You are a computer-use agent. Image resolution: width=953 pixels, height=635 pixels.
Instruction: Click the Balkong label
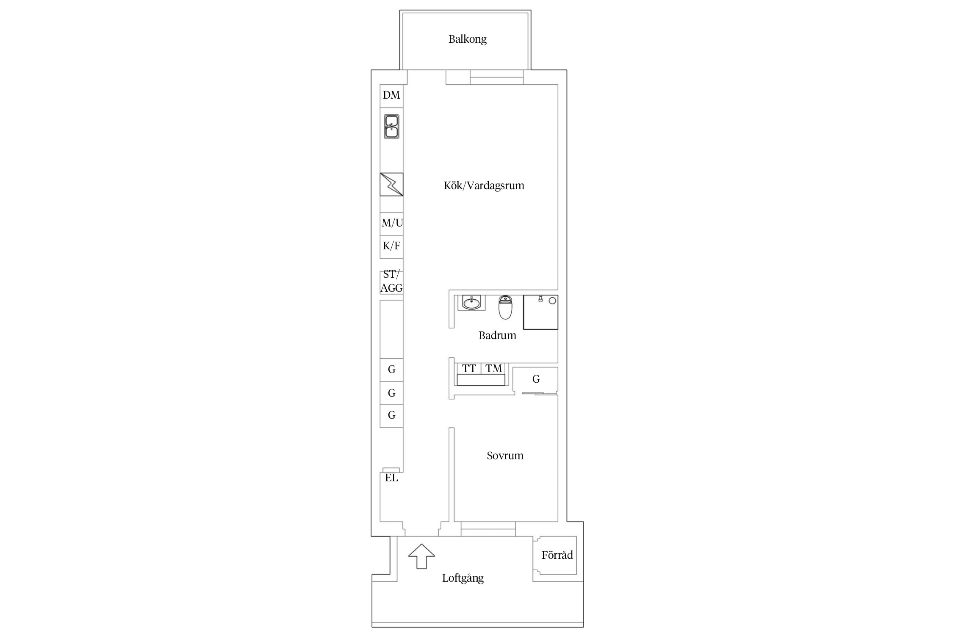[467, 39]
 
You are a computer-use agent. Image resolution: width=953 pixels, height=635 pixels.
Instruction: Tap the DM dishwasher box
[391, 96]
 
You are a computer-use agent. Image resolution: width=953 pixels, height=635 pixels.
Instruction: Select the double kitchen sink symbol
[391, 127]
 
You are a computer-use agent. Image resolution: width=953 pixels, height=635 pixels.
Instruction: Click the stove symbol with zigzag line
[391, 184]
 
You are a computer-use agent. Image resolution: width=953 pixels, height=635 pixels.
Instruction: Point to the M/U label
[392, 223]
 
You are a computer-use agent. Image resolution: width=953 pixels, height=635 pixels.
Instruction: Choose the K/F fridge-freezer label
[391, 246]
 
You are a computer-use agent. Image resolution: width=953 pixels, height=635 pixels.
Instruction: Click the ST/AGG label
[391, 281]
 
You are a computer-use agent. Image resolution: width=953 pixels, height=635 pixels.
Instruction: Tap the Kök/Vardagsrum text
[484, 185]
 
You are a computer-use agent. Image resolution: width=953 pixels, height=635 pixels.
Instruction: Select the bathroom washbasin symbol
[471, 302]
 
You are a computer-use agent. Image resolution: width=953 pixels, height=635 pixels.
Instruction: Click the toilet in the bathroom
[505, 307]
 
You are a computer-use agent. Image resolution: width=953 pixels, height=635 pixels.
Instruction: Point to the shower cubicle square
[540, 312]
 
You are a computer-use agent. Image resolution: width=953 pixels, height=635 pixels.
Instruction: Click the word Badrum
[497, 336]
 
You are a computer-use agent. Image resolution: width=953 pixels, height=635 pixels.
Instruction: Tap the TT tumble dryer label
[469, 369]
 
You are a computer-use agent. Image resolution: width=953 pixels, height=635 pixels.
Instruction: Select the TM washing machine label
[493, 369]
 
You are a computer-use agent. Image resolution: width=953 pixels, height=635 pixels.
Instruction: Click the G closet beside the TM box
[536, 379]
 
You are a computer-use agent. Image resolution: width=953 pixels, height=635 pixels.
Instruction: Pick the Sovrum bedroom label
[505, 456]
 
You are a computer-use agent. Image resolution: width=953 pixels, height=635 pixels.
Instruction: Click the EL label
[391, 478]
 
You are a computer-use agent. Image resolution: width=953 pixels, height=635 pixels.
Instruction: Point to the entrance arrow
[421, 556]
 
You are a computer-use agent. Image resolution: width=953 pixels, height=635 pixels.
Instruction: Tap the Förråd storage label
[557, 555]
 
